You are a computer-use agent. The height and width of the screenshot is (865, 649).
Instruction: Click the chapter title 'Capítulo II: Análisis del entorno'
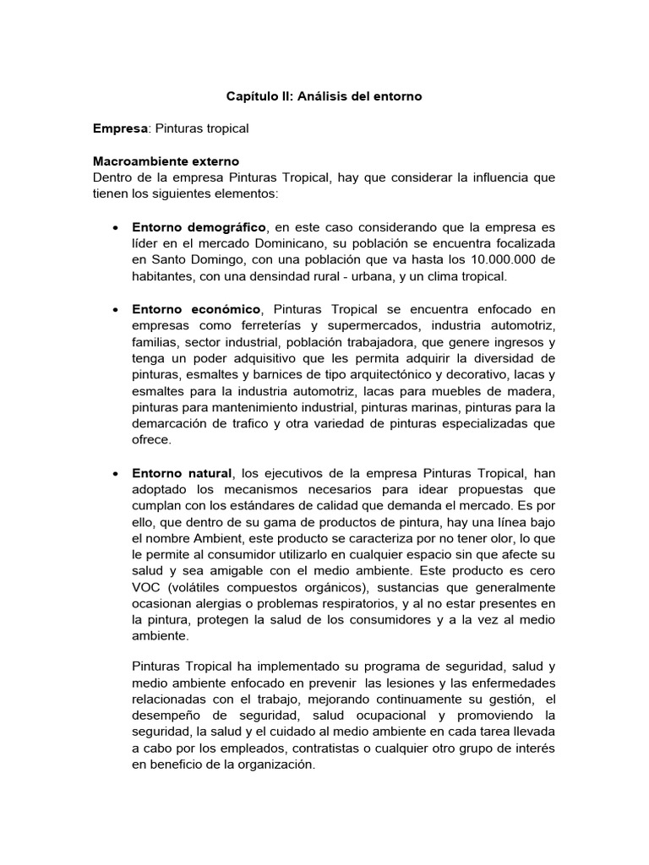(x=324, y=97)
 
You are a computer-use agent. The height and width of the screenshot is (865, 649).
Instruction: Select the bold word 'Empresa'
(x=120, y=128)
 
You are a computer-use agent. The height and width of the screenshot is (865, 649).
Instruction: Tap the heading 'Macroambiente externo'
(x=166, y=160)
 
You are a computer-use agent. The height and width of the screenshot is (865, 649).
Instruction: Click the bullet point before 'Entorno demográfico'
(x=114, y=228)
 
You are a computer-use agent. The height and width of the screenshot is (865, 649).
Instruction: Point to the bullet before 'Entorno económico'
(x=114, y=311)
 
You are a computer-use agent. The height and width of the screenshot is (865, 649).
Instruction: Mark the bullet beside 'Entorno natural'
(x=114, y=472)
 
